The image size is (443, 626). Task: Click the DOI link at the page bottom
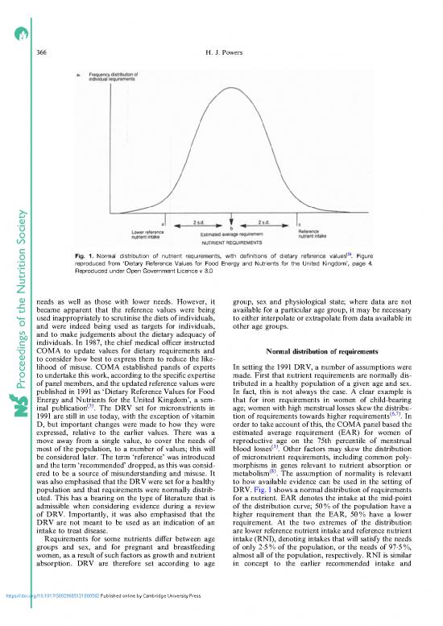coord(61,620)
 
